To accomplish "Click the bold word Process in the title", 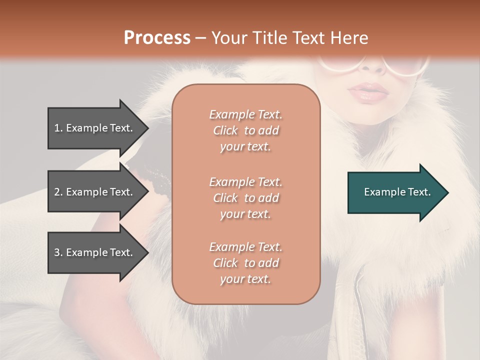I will click(157, 38).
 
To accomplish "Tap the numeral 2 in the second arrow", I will click(57, 192).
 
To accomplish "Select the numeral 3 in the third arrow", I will click(57, 252).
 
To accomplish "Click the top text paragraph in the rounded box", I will click(245, 130).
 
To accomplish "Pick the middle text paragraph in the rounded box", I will click(245, 198).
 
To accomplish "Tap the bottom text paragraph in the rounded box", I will click(245, 263).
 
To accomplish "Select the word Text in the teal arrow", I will click(419, 192).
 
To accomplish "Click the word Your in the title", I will click(228, 38).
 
